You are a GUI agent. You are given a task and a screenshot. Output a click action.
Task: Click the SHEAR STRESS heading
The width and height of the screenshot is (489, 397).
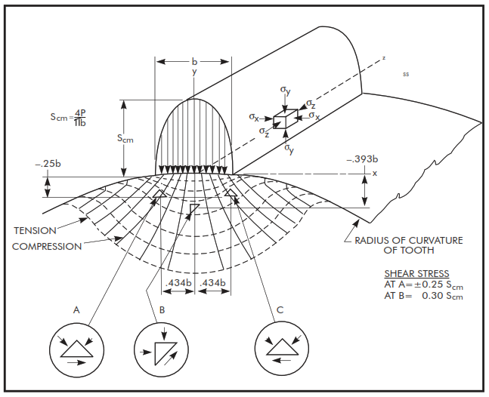pos(416,273)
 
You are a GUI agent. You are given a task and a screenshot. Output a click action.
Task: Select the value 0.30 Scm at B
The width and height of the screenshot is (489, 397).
pos(442,295)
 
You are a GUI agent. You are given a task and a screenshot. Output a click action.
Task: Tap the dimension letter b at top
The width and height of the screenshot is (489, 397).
pos(194,60)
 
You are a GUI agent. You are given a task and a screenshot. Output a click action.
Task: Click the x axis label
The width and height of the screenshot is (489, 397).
pos(374,174)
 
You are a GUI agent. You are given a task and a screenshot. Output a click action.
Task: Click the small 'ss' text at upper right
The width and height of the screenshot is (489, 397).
pos(406,75)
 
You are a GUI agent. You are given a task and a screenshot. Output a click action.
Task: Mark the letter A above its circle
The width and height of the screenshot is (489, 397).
pos(76,309)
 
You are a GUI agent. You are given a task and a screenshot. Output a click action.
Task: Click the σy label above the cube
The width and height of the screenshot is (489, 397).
pos(284,91)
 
